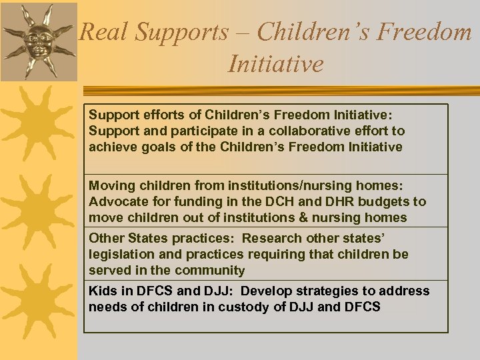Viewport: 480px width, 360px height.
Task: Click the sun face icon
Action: tap(38, 40)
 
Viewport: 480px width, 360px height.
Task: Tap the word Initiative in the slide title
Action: tap(275, 63)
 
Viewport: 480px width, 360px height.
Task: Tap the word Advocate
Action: tap(118, 201)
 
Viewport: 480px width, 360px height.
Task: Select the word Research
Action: tap(271, 238)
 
